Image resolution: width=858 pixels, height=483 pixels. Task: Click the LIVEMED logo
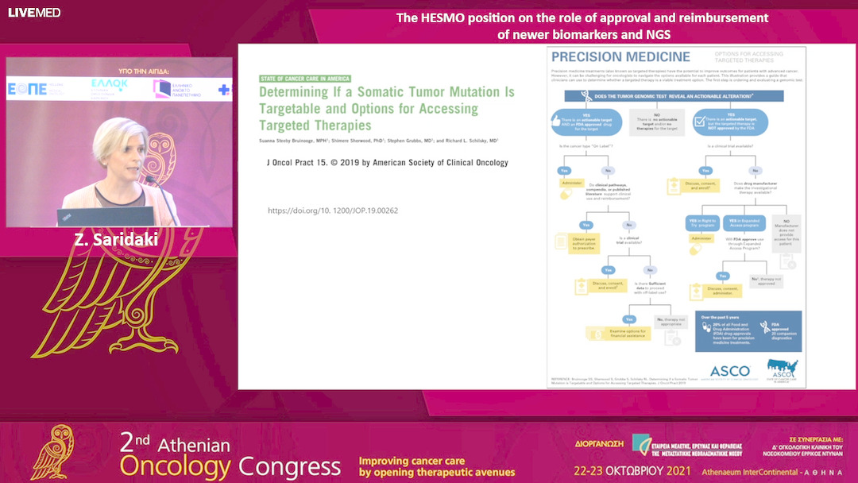click(x=23, y=13)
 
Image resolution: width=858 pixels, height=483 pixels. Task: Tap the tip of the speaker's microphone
click(x=147, y=179)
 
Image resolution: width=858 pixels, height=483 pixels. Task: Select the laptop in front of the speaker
click(x=94, y=216)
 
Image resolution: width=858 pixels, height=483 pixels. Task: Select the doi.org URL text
click(x=333, y=211)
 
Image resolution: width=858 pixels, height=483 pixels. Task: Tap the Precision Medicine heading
click(x=620, y=57)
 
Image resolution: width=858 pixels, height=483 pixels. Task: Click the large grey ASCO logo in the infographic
click(x=729, y=370)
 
